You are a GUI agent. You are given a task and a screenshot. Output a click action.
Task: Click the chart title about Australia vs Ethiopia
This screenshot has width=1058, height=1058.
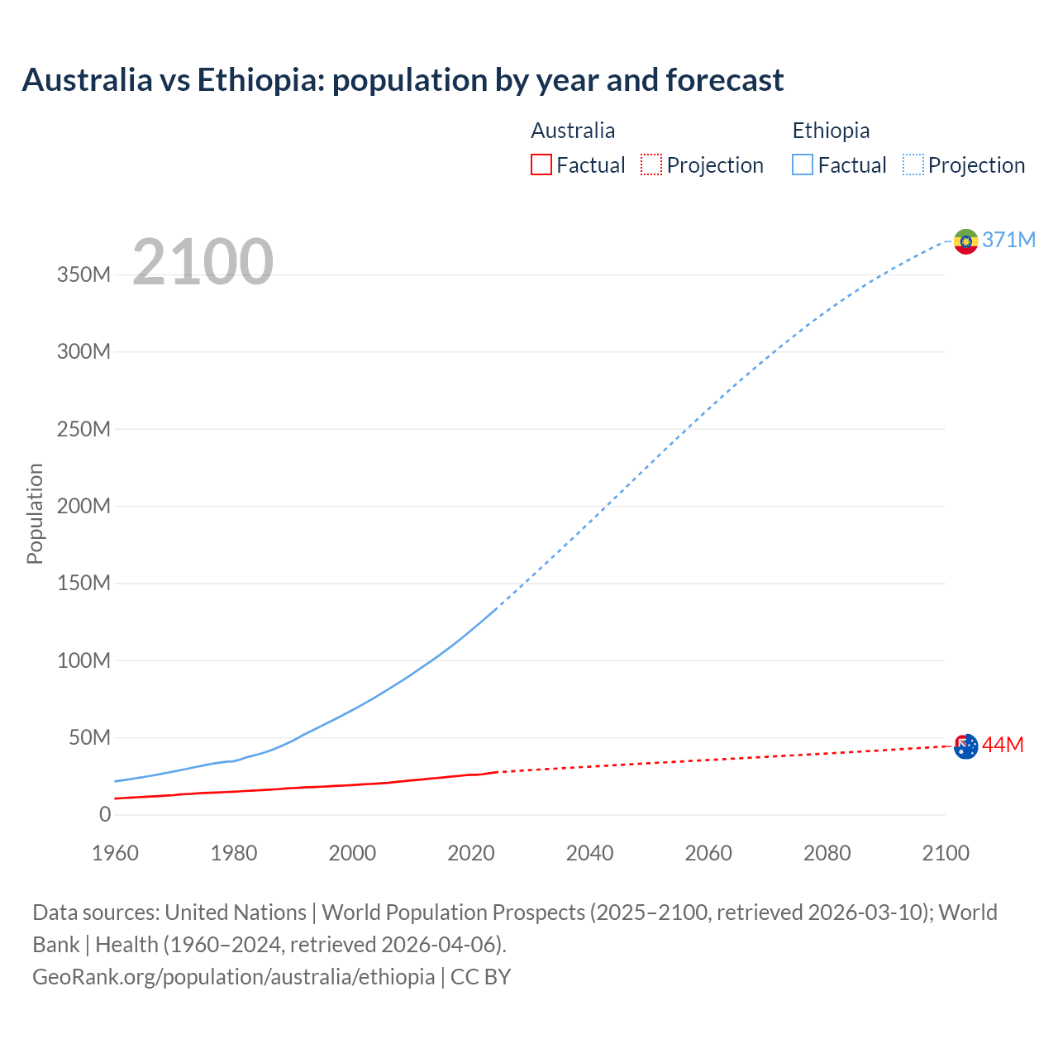[x=403, y=80]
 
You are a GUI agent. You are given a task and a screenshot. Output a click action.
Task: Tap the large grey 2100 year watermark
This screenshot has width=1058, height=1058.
[x=203, y=262]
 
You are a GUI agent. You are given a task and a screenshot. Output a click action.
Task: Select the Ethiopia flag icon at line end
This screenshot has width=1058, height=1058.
[x=965, y=241]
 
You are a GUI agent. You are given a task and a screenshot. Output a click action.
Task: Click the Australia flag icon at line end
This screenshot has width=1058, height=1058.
[x=965, y=746]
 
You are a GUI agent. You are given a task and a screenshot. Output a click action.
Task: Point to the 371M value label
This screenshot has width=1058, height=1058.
[x=1008, y=240]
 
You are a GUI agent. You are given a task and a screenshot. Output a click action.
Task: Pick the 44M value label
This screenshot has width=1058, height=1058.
[x=1003, y=745]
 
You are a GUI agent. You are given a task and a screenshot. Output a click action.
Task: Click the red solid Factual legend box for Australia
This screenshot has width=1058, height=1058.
[x=541, y=164]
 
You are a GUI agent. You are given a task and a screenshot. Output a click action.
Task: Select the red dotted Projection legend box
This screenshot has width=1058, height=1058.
[x=651, y=164]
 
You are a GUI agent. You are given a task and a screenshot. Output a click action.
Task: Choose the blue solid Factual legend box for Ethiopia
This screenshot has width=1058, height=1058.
[x=803, y=164]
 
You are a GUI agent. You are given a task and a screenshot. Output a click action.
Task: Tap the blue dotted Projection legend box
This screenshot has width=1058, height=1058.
[x=913, y=164]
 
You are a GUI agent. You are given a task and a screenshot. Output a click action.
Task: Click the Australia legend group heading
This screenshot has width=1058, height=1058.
[x=573, y=131]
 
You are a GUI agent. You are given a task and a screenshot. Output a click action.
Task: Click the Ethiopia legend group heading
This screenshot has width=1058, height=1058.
[x=831, y=131]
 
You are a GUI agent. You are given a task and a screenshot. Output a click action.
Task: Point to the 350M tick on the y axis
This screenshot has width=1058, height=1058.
[x=83, y=274]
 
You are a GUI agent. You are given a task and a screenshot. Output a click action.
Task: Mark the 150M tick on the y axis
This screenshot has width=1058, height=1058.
[x=83, y=584]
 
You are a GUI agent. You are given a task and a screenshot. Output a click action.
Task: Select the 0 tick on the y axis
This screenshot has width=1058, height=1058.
[x=104, y=814]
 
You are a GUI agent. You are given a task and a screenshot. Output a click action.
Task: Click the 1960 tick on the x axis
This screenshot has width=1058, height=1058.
[x=116, y=853]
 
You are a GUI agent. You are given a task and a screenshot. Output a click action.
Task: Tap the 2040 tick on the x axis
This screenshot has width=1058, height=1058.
[x=589, y=853]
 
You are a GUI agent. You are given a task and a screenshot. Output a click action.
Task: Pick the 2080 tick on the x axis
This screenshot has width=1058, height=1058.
[x=827, y=853]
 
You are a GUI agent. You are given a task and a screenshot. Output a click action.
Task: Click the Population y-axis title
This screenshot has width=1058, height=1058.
[x=35, y=513]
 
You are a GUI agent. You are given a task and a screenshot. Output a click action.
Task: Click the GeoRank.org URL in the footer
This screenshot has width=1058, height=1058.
[x=233, y=977]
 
